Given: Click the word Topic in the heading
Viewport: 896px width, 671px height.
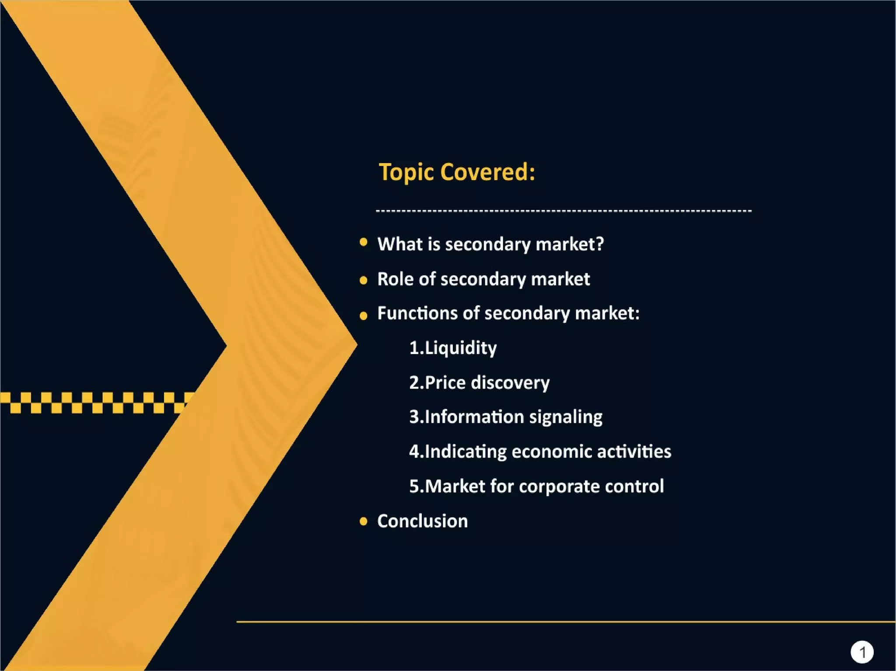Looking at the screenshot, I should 406,172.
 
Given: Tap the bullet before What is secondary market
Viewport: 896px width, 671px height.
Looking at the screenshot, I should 363,242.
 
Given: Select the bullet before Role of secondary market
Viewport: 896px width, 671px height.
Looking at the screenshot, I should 363,280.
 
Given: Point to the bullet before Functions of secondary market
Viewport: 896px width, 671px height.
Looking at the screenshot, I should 363,315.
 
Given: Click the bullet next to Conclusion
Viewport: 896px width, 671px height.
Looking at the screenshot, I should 363,521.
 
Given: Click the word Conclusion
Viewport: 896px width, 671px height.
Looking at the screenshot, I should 422,521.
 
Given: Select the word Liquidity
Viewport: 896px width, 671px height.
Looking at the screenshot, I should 461,348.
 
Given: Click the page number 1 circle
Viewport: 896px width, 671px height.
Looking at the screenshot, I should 862,652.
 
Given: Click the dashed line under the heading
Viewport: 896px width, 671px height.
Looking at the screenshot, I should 563,211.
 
